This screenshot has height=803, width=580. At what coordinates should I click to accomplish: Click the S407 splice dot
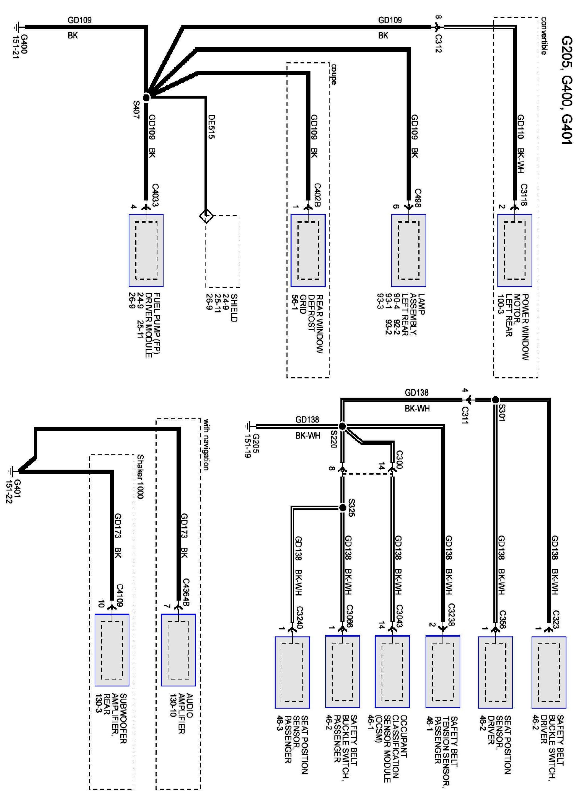(x=146, y=97)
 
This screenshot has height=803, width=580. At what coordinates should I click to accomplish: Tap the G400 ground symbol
(x=17, y=27)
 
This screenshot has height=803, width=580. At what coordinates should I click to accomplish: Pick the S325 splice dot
(x=342, y=508)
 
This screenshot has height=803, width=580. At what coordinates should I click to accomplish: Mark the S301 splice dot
(x=495, y=400)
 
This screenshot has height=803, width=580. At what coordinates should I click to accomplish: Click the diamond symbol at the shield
(x=206, y=215)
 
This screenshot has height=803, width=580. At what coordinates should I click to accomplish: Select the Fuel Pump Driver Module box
(x=146, y=250)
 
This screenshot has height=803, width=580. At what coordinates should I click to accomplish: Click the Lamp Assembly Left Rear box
(x=408, y=250)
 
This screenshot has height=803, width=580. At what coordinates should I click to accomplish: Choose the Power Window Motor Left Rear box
(x=514, y=250)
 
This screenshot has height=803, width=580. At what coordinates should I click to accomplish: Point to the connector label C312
(x=438, y=43)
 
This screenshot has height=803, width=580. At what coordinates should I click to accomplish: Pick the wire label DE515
(x=211, y=126)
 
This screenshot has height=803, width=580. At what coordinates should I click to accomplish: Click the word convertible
(x=543, y=36)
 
